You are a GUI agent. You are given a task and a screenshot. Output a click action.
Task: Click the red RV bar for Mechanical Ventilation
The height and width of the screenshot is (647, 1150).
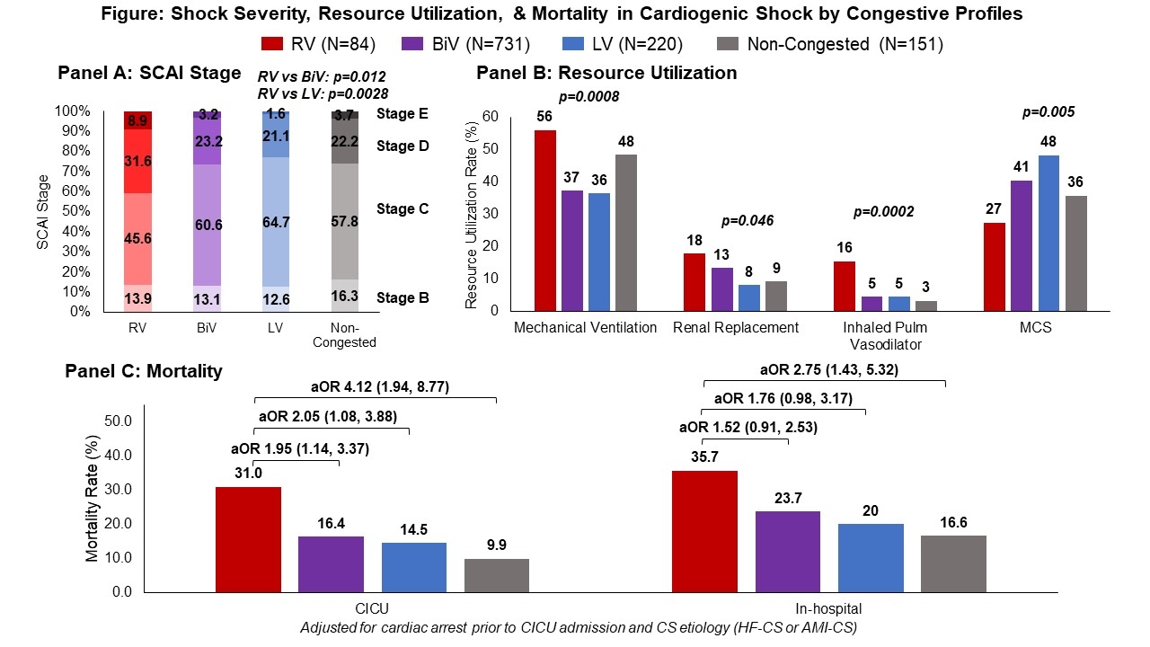545,220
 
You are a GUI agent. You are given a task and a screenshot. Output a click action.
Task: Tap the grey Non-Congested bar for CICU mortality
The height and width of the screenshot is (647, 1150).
497,575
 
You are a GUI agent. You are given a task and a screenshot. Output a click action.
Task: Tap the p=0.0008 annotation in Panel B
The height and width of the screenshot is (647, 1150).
589,97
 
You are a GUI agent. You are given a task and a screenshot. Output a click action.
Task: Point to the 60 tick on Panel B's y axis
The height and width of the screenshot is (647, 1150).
490,116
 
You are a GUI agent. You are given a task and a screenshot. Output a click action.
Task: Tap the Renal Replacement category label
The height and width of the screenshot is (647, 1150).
736,328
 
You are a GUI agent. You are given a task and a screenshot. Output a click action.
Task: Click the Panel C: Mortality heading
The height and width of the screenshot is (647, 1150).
144,370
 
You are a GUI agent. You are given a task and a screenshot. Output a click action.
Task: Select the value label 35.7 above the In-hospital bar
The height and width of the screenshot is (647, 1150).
704,456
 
